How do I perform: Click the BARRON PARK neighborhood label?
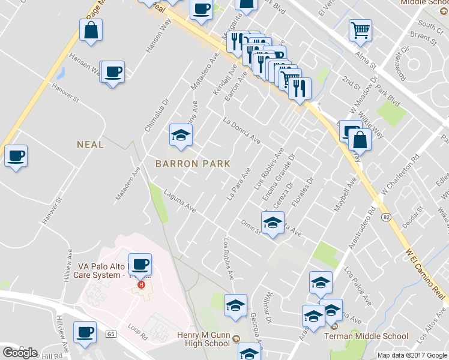point(192,163)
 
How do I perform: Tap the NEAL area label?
point(90,144)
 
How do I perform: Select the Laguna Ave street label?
point(181,200)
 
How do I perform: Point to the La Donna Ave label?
point(241,130)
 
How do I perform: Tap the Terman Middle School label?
point(366,337)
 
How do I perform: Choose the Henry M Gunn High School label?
point(203,340)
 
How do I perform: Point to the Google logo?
point(20,352)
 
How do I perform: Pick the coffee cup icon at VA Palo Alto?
point(140,264)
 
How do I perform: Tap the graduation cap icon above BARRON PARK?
point(180,134)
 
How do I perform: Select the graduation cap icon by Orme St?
point(273,223)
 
